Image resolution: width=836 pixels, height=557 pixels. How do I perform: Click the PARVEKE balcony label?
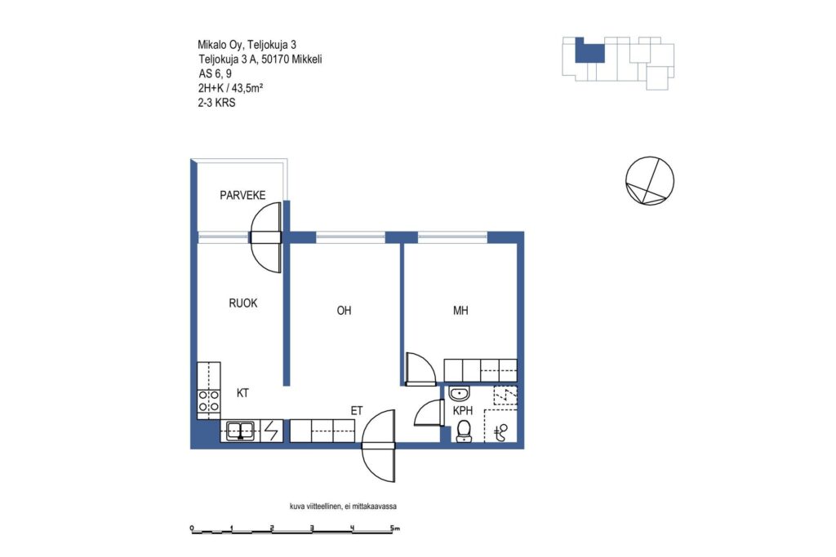coord(242,196)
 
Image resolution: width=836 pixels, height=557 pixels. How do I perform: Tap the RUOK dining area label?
coord(243,303)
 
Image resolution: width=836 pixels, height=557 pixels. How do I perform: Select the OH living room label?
coord(344,311)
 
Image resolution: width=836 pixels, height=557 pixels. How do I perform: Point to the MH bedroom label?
coord(460,311)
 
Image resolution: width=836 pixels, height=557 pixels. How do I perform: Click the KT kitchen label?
coord(242,394)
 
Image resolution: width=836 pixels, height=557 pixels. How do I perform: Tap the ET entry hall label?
coord(357,411)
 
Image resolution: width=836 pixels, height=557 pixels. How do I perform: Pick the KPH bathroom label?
coord(463,411)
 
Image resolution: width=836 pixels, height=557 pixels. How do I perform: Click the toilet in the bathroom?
coord(464,431)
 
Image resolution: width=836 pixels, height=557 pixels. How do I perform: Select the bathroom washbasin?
coord(459,394)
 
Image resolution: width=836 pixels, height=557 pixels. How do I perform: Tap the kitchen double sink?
coord(241,431)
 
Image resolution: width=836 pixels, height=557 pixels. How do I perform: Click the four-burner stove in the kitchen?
coord(208,401)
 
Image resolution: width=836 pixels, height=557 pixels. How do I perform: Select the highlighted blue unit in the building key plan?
coord(589,51)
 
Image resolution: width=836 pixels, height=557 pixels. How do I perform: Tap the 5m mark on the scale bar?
coord(394,528)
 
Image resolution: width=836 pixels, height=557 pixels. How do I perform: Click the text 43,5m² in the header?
coord(247,88)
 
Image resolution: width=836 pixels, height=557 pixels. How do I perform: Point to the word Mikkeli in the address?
coord(306,60)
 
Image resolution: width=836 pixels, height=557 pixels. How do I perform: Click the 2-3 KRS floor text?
coord(216,103)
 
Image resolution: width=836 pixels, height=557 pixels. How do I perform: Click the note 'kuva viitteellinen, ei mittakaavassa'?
coord(343,506)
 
